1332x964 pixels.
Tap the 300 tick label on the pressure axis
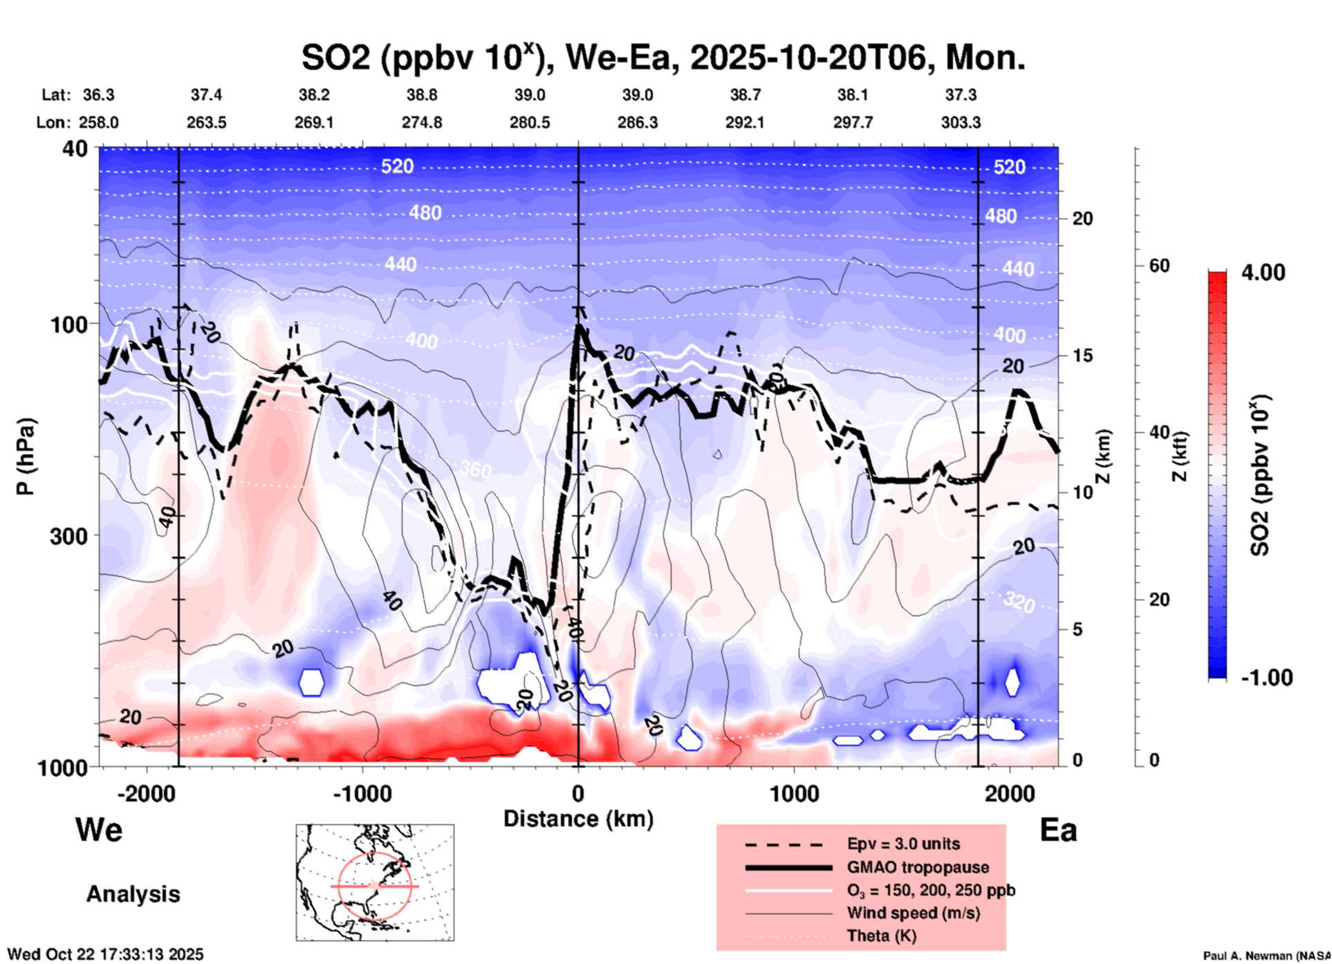(x=69, y=536)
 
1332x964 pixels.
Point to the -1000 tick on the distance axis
(x=362, y=793)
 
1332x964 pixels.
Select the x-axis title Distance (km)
(x=578, y=819)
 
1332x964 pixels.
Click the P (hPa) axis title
(x=26, y=456)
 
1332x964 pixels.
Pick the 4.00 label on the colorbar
(x=1263, y=272)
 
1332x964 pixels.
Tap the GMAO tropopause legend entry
(x=918, y=867)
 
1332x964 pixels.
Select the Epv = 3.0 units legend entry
(x=903, y=844)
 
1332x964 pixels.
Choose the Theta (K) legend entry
(x=881, y=936)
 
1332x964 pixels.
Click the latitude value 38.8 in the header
(x=421, y=95)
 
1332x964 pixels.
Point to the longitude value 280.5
(x=530, y=122)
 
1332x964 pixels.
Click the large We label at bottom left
(x=99, y=830)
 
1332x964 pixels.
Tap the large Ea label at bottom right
(x=1058, y=831)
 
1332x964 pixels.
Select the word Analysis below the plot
(x=133, y=894)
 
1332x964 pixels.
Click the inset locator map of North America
(x=375, y=882)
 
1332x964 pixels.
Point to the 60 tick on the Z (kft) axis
(x=1159, y=266)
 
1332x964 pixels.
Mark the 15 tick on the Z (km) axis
(x=1082, y=355)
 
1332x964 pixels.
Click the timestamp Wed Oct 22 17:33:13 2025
(x=105, y=954)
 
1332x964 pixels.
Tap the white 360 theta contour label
(x=476, y=470)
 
